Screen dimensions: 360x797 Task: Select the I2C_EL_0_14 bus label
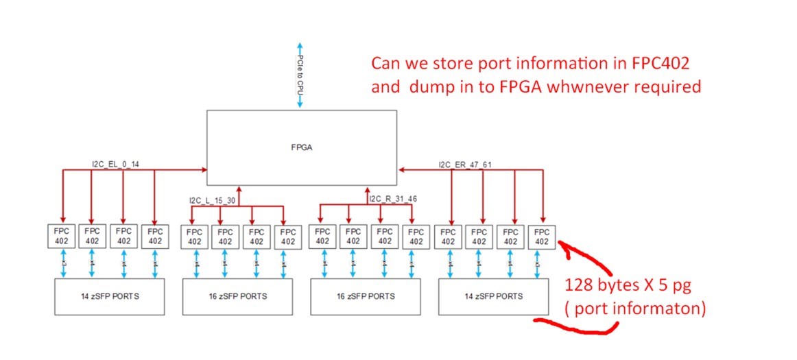116,164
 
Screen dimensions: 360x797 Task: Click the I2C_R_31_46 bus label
393,200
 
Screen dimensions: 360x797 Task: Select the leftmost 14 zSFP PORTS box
110,297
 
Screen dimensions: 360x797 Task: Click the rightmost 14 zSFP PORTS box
493,297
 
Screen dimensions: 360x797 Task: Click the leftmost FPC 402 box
60,236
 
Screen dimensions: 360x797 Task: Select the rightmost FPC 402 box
542,236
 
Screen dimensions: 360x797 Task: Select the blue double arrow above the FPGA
299,73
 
